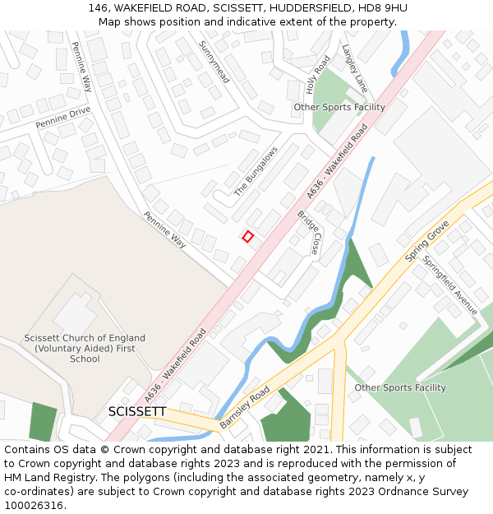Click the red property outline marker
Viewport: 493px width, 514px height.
point(247,236)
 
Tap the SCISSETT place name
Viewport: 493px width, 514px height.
point(137,411)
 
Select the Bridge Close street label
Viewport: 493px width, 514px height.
point(308,232)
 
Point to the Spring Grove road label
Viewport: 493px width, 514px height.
point(427,241)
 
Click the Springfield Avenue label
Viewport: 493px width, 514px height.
point(449,285)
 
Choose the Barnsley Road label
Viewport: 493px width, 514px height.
point(245,409)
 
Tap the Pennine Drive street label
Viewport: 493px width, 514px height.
point(62,118)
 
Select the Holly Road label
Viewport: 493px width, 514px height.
point(318,73)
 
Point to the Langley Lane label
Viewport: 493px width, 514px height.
point(355,67)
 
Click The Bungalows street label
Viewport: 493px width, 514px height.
point(256,171)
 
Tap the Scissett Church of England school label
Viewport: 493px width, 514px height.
point(85,348)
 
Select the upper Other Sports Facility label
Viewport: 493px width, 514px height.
point(339,108)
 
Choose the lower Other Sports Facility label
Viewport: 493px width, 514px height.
point(400,387)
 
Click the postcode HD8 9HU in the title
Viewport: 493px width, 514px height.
point(386,8)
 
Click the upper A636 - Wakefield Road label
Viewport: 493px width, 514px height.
point(337,161)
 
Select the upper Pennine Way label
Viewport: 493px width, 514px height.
point(81,65)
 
